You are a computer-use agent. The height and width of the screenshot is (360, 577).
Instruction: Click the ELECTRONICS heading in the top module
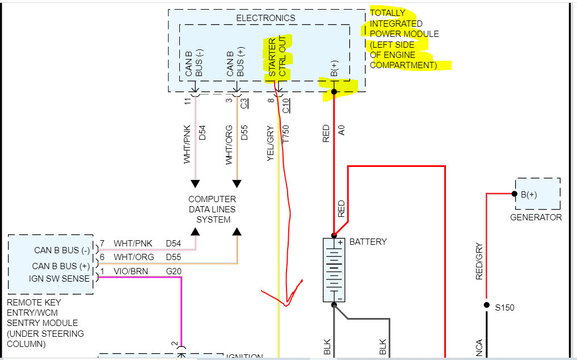pyautogui.click(x=266, y=18)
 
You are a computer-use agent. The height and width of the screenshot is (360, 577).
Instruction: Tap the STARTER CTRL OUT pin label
pyautogui.click(x=277, y=58)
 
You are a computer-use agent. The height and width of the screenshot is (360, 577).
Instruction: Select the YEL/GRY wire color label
pyautogui.click(x=271, y=143)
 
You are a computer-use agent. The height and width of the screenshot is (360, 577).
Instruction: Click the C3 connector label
pyautogui.click(x=245, y=103)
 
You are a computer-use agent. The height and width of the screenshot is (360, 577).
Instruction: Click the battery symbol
pyautogui.click(x=334, y=270)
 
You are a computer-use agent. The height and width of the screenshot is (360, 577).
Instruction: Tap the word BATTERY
pyautogui.click(x=368, y=241)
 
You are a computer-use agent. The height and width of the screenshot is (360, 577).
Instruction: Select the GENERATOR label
pyautogui.click(x=536, y=217)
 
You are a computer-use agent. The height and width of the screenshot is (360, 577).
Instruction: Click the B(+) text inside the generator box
pyautogui.click(x=529, y=195)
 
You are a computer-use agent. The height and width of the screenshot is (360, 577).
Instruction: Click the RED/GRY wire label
pyautogui.click(x=479, y=261)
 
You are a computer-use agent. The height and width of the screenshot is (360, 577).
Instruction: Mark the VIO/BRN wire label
pyautogui.click(x=130, y=271)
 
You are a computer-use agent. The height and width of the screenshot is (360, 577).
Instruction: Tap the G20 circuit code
pyautogui.click(x=174, y=271)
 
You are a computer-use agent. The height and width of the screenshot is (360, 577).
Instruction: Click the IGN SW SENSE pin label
pyautogui.click(x=60, y=278)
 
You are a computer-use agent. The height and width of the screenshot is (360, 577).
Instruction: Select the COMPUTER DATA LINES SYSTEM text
pyautogui.click(x=212, y=210)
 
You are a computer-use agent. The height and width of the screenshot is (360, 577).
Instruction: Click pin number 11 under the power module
pyautogui.click(x=187, y=101)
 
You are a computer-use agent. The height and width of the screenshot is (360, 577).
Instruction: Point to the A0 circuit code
pyautogui.click(x=342, y=130)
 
